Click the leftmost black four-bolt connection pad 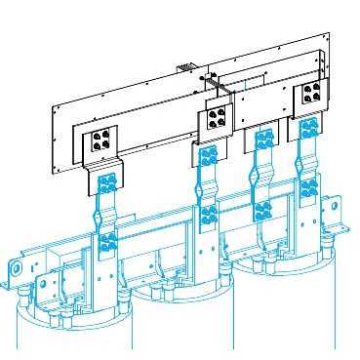[x=100, y=141]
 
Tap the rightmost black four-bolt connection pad [x=312, y=96]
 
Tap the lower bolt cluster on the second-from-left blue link [x=208, y=213]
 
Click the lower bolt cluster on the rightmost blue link [x=308, y=188]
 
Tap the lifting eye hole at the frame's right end [x=333, y=207]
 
